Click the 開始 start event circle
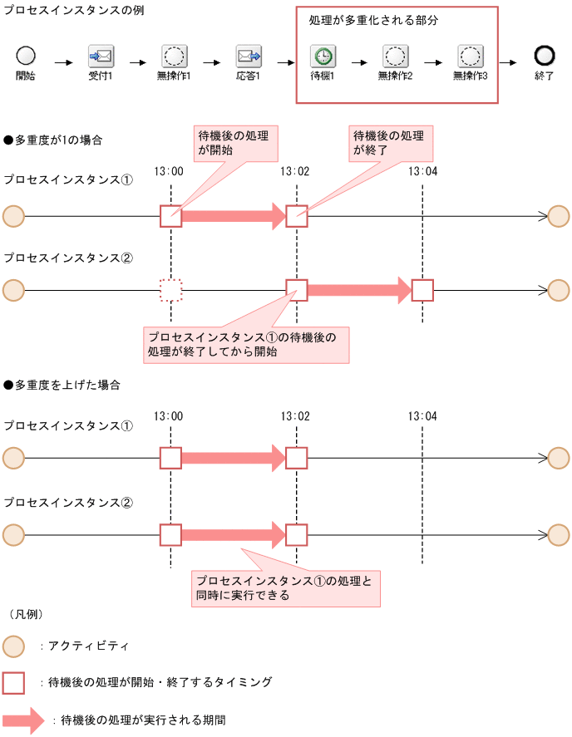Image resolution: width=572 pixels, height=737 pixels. [26, 57]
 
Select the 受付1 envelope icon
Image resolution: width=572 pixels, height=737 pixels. [101, 57]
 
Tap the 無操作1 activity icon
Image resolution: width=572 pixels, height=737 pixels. [175, 57]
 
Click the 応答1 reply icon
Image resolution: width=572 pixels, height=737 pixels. [249, 57]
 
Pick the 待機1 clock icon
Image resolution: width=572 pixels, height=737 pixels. [322, 57]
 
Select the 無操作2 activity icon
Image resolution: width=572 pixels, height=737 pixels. [395, 57]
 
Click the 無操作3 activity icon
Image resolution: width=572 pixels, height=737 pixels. [470, 57]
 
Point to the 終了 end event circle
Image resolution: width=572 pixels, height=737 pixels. [545, 57]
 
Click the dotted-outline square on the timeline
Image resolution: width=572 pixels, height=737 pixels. [170, 290]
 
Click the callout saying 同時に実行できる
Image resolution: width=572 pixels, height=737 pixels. [285, 587]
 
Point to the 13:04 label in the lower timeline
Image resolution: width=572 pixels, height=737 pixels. [422, 415]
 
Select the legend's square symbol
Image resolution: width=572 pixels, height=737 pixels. [14, 682]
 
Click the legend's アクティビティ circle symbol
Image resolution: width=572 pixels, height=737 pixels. [14, 646]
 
